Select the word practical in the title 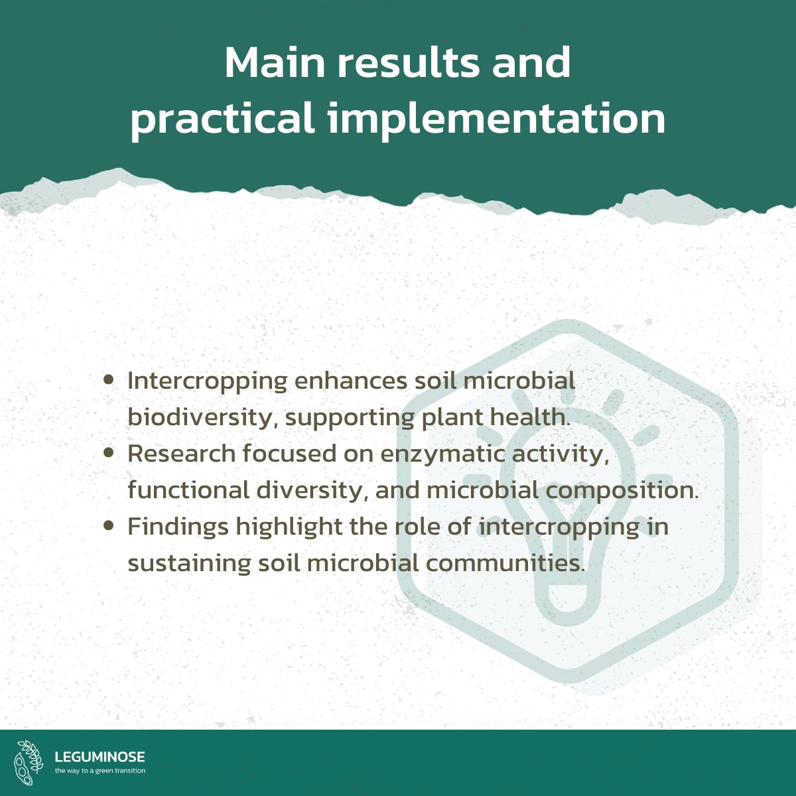222,120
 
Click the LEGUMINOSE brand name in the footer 99,757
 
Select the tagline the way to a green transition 100,771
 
